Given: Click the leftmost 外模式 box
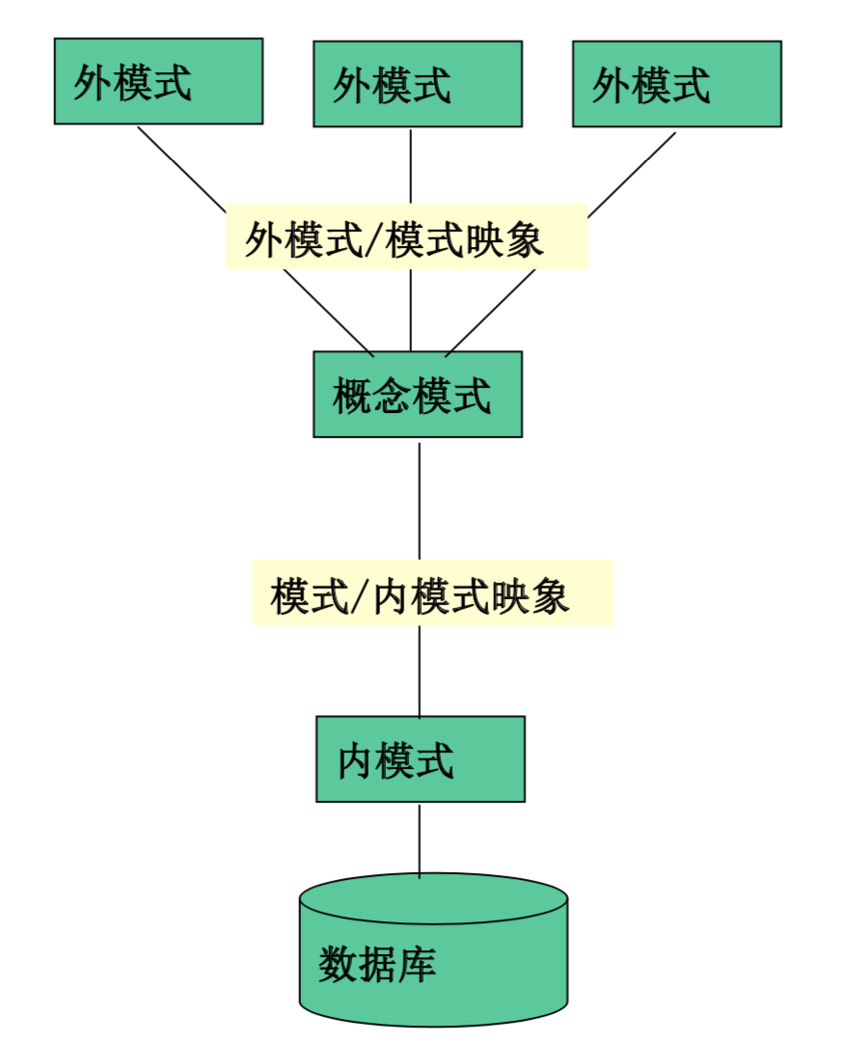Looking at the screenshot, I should [x=158, y=81].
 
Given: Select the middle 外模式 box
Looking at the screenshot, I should [x=417, y=84].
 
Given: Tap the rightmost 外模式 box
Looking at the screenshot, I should [x=676, y=84].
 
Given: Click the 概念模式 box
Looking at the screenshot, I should [x=417, y=395].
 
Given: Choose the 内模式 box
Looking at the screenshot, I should [x=420, y=759].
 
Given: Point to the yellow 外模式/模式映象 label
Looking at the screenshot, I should [x=406, y=237].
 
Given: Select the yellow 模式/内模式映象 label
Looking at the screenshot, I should [x=432, y=593].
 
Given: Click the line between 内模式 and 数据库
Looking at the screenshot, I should [x=420, y=839].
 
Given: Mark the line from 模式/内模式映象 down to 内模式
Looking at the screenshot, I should [x=420, y=671].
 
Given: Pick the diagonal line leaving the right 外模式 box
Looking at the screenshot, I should [x=632, y=174].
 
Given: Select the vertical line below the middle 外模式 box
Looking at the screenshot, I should [x=411, y=166].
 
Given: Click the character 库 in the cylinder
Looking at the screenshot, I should [x=417, y=964].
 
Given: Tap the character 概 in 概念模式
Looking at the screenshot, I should [x=352, y=396].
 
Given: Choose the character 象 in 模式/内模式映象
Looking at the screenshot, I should [x=550, y=596].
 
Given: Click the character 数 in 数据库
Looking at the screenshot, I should [x=339, y=964].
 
